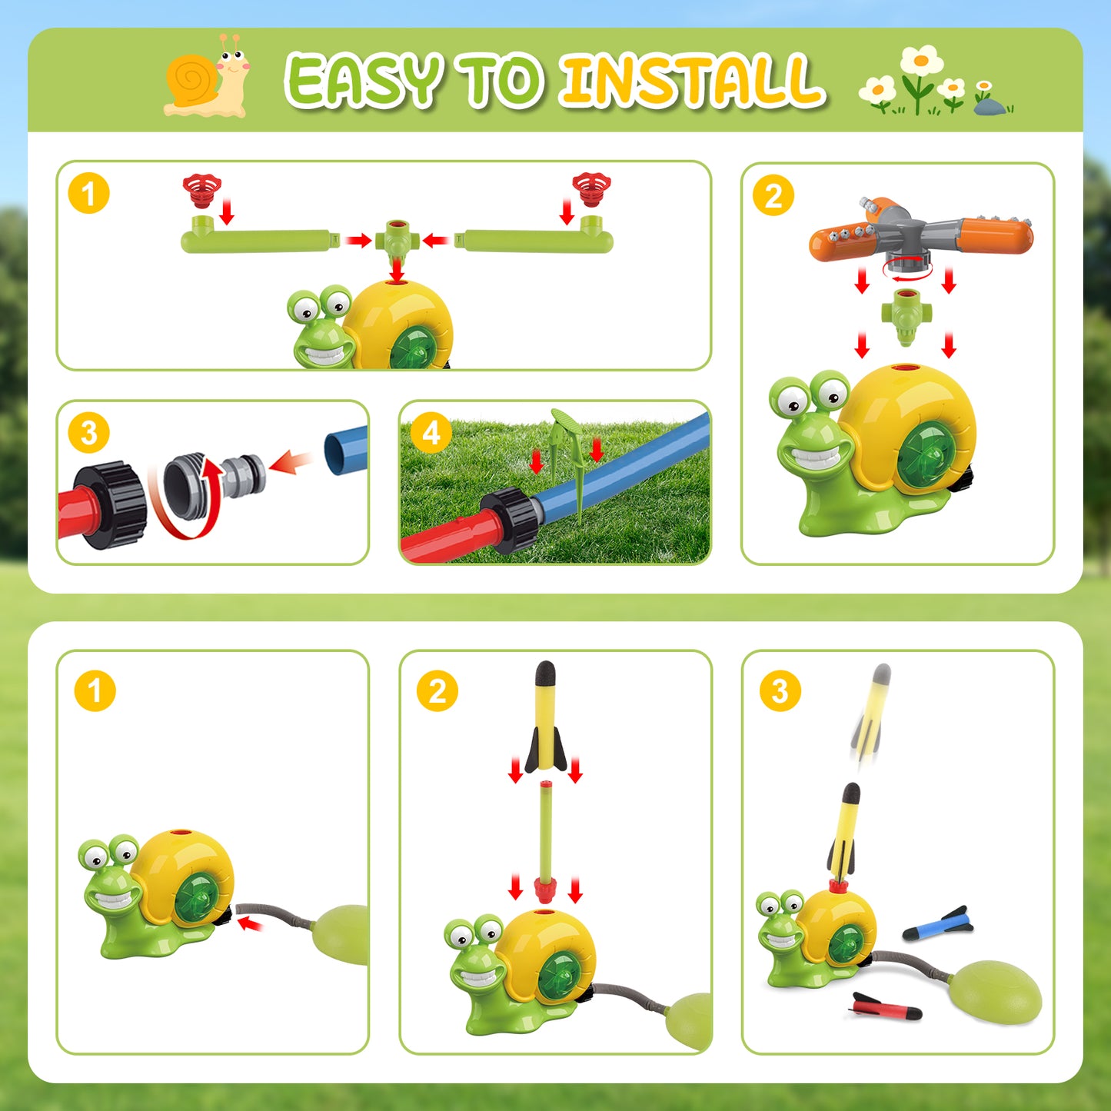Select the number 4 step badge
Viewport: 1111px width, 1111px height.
coord(431,433)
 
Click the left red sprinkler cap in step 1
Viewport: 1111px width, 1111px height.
coord(201,189)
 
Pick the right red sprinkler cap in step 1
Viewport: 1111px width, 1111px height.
coord(591,188)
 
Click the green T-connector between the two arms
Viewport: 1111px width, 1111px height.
coord(396,241)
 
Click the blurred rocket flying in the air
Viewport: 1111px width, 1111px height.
coord(871,717)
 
